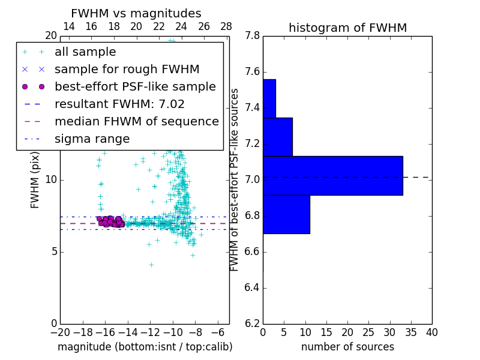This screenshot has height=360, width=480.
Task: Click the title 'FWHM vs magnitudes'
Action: (x=136, y=13)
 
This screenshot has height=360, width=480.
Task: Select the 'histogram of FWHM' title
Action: (x=347, y=28)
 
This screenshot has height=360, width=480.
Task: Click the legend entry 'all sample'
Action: (x=85, y=52)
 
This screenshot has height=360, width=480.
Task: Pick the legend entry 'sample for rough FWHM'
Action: (x=127, y=70)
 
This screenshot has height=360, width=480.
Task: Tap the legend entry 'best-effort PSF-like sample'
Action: (x=135, y=87)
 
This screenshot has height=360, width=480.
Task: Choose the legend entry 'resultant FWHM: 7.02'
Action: (x=119, y=104)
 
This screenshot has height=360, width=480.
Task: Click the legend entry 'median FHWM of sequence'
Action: (x=136, y=122)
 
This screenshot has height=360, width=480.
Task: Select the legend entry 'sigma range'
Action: (x=92, y=139)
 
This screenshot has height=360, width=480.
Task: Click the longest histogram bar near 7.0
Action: (x=332, y=175)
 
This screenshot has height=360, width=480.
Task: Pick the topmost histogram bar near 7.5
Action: (x=269, y=98)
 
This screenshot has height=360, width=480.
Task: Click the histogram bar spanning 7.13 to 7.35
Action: (x=277, y=137)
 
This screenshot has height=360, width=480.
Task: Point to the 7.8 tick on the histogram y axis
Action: (x=253, y=36)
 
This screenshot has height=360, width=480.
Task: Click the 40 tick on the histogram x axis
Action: (x=431, y=332)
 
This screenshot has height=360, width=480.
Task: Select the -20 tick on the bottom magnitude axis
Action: (x=60, y=332)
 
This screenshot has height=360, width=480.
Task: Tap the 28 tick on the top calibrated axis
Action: (x=226, y=26)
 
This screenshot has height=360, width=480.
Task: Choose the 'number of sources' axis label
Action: (x=347, y=347)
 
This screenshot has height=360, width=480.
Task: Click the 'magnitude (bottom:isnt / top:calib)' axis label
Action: (x=145, y=347)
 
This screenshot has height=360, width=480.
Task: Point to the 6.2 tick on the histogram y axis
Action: (x=253, y=323)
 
